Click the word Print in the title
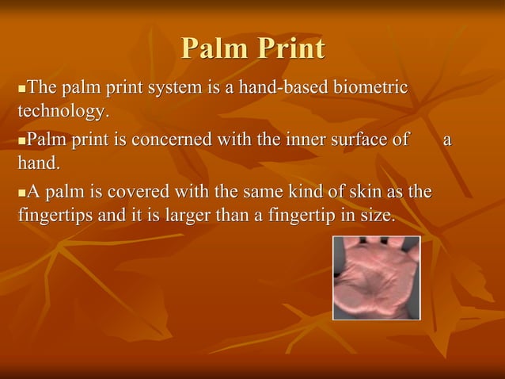point(288,49)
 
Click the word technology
point(61,109)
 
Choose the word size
point(375,215)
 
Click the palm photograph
point(376,278)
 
